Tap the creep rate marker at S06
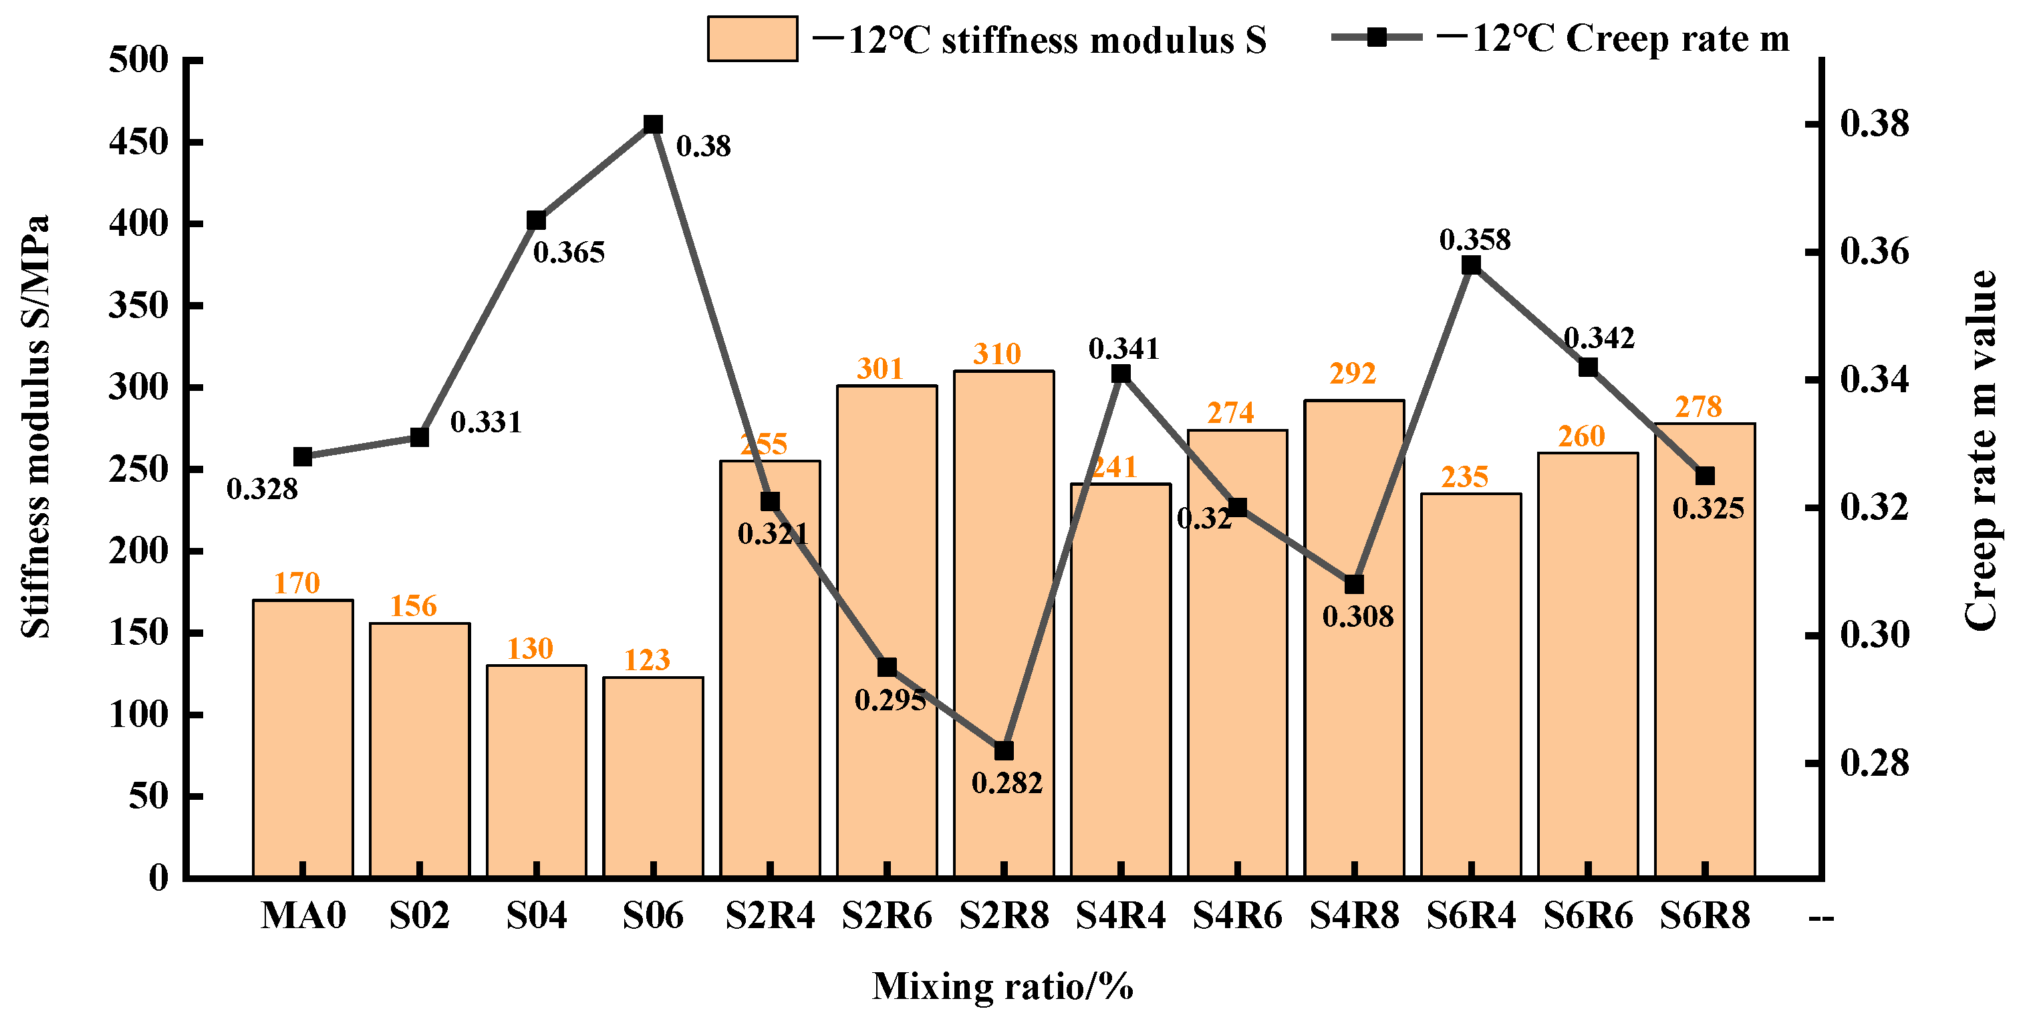click(x=653, y=124)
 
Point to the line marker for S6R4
click(x=1471, y=265)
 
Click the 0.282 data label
click(x=1006, y=782)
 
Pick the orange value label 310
click(x=996, y=354)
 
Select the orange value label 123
click(x=647, y=660)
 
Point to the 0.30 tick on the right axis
click(x=1875, y=635)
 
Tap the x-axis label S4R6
click(x=1237, y=915)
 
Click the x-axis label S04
click(x=536, y=915)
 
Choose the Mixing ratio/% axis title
click(x=1002, y=986)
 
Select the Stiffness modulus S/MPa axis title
click(x=35, y=426)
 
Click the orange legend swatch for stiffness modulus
click(x=753, y=39)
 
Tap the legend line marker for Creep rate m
click(x=1376, y=37)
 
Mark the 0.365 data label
click(x=569, y=253)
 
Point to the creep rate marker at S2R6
click(x=887, y=667)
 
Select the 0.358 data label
click(x=1474, y=239)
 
